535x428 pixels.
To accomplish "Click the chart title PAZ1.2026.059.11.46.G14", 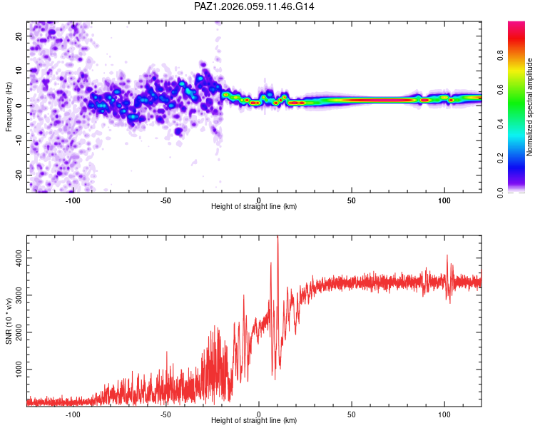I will pos(254,6).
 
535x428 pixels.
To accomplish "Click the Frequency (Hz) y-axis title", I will pos(9,106).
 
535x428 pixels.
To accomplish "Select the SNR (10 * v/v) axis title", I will pos(9,320).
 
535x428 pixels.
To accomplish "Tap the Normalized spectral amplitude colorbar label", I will pos(529,107).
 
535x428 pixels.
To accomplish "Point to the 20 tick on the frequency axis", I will pos(19,36).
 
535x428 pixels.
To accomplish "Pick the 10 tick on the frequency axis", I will pos(19,71).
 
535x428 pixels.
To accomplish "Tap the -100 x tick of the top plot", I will pos(73,200).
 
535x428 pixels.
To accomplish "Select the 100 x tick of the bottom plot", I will pos(444,414).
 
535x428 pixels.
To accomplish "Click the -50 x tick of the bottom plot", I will pos(165,414).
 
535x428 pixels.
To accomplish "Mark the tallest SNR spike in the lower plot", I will pos(277,239).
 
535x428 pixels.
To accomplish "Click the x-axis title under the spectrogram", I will pos(254,207).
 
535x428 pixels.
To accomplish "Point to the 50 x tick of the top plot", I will pos(352,200).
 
